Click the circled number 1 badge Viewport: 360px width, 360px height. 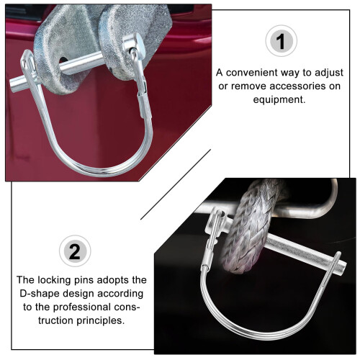(281, 41)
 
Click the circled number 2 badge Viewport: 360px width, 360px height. (75, 251)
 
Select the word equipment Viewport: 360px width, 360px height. (279, 99)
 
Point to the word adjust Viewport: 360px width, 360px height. (329, 73)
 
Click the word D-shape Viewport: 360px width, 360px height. (40, 294)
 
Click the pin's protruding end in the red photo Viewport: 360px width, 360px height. (17, 84)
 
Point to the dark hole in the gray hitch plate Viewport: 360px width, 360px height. (63, 61)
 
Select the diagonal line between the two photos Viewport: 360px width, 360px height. (176, 184)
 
